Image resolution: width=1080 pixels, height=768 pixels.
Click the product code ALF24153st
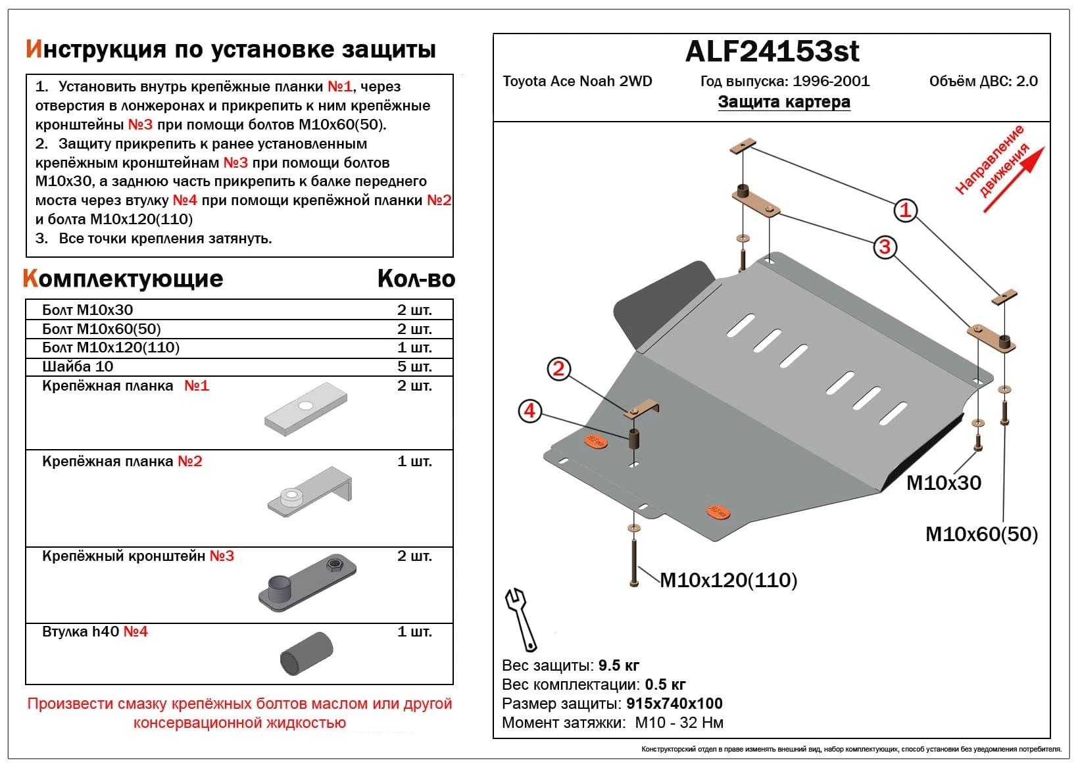coord(772,52)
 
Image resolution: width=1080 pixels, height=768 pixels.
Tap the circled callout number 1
coord(905,210)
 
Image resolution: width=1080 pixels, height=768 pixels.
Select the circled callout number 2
coord(558,369)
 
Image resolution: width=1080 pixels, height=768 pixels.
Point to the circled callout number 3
coord(885,247)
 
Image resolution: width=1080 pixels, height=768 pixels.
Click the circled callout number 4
coord(529,412)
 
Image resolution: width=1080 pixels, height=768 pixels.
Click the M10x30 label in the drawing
coord(943,483)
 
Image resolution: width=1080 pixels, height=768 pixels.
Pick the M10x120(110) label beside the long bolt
coord(728,581)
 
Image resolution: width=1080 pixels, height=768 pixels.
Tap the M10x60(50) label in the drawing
coord(981,535)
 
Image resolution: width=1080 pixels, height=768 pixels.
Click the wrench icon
coord(521,619)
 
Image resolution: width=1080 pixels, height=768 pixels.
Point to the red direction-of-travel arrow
coord(1014,179)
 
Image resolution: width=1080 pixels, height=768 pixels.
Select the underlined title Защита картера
coord(783,102)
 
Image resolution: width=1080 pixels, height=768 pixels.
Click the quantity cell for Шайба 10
coord(414,367)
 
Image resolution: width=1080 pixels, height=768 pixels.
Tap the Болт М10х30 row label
coord(87,310)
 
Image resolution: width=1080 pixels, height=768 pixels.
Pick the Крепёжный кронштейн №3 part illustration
coord(308,583)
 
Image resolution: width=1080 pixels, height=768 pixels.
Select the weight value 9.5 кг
coord(618,665)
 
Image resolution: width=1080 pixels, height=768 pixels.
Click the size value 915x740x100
coord(674,704)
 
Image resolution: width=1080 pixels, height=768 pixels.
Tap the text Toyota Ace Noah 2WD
coord(577,82)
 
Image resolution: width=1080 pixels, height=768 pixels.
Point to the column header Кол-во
coord(416,279)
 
